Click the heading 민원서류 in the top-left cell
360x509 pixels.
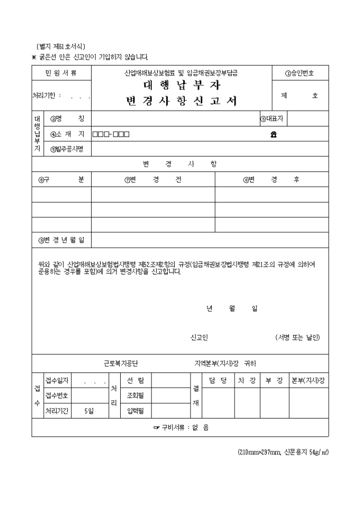[61, 73]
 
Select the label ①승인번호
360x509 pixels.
[299, 73]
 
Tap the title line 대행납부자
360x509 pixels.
[182, 86]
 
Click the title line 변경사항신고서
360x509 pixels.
[182, 102]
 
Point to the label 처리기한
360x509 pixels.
[47, 96]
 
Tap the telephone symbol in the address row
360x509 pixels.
[273, 134]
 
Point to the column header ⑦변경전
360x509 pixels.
[153, 179]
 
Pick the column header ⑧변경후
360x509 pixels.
[271, 179]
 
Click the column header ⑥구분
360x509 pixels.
[61, 179]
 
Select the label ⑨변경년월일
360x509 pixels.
[61, 240]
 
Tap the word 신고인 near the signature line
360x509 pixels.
[199, 338]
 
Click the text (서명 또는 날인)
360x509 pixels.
[297, 338]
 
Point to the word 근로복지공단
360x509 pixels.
[121, 363]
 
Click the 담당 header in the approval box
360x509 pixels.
[218, 380]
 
